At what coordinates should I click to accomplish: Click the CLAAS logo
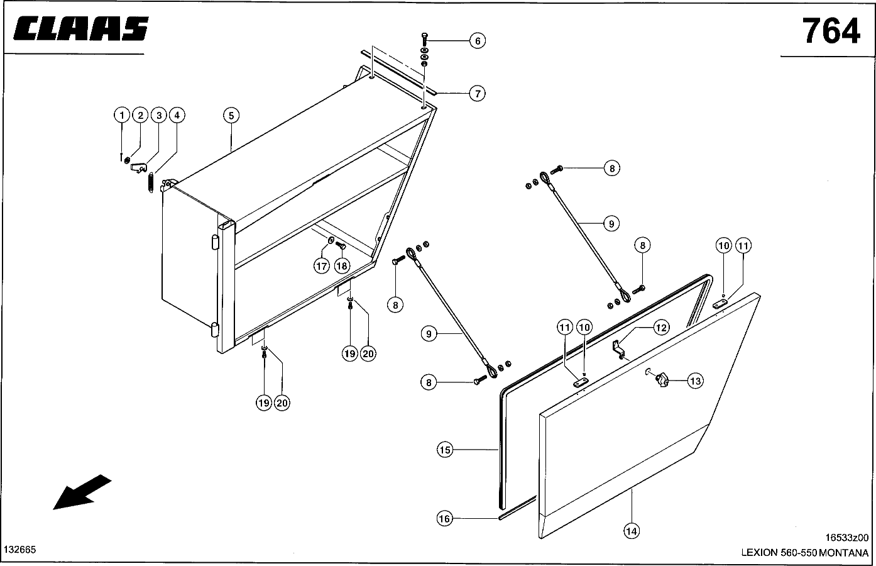click(80, 30)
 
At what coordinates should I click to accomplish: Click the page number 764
click(830, 30)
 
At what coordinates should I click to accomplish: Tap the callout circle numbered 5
click(231, 115)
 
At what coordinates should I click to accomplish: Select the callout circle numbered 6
click(478, 41)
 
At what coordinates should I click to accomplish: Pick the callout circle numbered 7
click(478, 94)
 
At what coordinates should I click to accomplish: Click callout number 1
click(121, 115)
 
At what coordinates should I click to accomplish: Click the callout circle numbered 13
click(694, 380)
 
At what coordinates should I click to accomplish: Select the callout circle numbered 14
click(632, 531)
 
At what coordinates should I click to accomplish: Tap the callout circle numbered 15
click(445, 450)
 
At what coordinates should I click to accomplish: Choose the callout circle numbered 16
click(445, 518)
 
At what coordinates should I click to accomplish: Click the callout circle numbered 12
click(661, 327)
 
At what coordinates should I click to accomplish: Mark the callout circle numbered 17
click(322, 266)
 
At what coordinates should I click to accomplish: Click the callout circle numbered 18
click(341, 266)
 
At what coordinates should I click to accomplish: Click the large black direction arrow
click(82, 492)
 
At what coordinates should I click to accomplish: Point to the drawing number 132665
click(20, 550)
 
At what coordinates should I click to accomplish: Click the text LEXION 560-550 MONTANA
click(804, 553)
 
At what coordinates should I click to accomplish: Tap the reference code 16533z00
click(846, 538)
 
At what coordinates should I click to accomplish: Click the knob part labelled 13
click(660, 379)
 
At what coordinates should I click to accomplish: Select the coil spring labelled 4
click(151, 183)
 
